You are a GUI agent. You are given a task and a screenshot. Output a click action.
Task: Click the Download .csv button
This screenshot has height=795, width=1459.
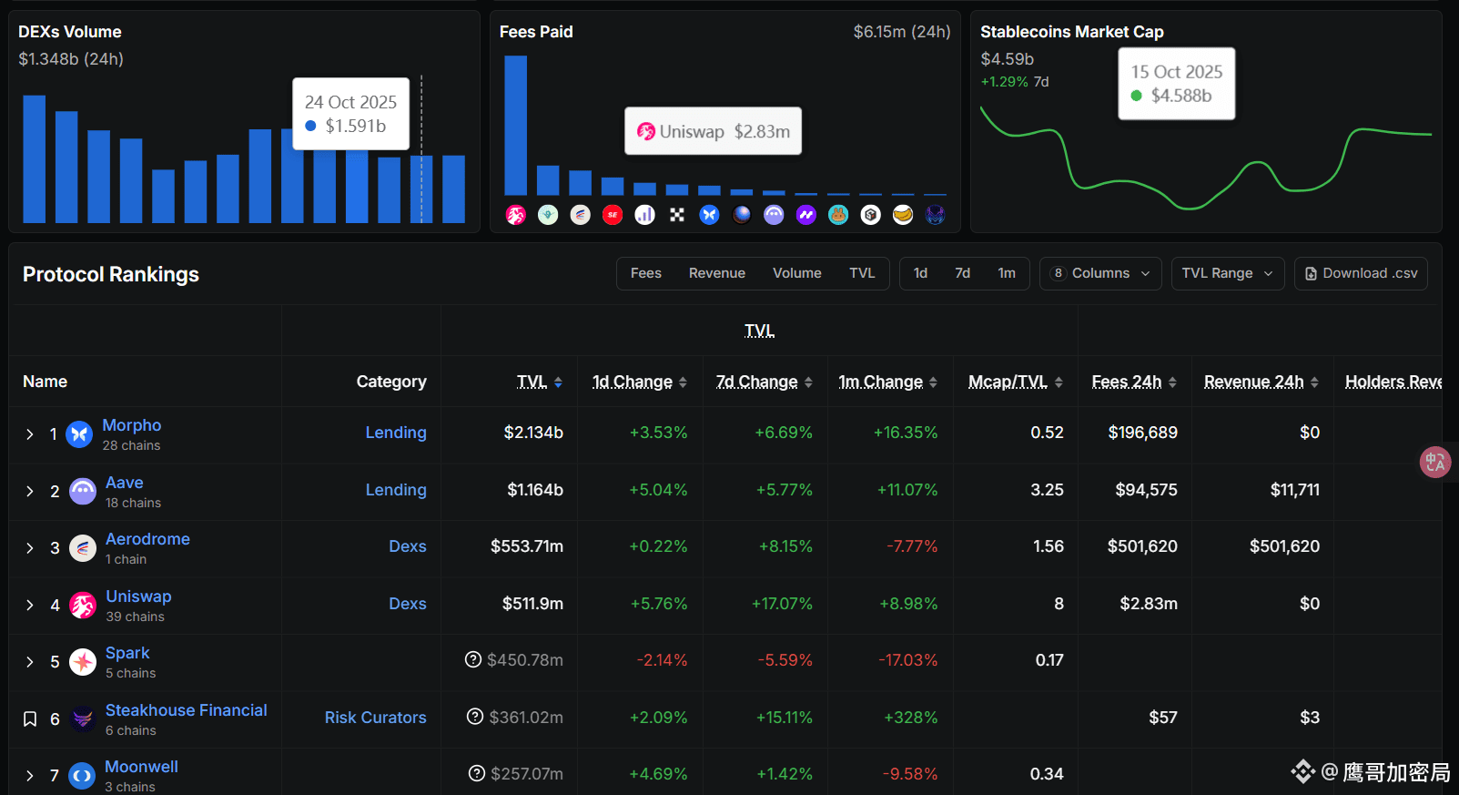tap(1361, 273)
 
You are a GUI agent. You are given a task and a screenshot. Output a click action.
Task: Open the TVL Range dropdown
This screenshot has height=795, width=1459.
tap(1227, 273)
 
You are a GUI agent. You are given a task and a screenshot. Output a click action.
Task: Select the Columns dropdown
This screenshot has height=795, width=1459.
tap(1100, 273)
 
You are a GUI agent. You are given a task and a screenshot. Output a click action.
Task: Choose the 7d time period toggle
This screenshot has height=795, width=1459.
tap(962, 273)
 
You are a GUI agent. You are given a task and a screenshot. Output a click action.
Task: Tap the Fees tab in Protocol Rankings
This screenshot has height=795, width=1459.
tap(646, 273)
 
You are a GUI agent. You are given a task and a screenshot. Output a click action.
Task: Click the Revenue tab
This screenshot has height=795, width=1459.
tap(716, 273)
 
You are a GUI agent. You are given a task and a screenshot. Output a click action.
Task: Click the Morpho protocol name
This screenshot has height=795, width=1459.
tap(132, 425)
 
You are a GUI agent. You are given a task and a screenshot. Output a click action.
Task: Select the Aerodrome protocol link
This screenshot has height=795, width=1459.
tap(147, 539)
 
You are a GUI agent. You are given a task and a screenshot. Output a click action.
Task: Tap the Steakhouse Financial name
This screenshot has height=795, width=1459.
tap(187, 710)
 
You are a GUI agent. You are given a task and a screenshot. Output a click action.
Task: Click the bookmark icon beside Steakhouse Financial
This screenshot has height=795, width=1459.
tap(30, 719)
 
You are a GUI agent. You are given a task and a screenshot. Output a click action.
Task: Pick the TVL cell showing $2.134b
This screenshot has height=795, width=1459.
tap(533, 433)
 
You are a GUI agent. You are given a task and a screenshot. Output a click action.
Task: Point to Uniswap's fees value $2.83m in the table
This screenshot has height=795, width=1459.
tap(1149, 604)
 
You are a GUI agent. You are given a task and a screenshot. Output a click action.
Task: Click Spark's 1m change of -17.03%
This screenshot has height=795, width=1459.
tap(907, 660)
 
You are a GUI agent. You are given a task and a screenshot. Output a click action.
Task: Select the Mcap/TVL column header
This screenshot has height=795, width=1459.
tap(1008, 382)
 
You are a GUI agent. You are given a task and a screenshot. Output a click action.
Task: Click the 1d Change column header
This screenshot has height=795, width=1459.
tap(633, 382)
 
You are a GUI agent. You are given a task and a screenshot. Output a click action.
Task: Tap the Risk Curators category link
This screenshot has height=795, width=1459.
tap(375, 718)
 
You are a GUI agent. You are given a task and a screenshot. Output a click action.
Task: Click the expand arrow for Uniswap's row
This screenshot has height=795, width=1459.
tap(30, 606)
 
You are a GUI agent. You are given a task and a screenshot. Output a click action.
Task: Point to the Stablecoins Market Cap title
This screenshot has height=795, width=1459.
tap(1071, 32)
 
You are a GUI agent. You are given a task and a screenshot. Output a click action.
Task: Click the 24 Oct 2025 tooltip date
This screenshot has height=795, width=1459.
tap(350, 102)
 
